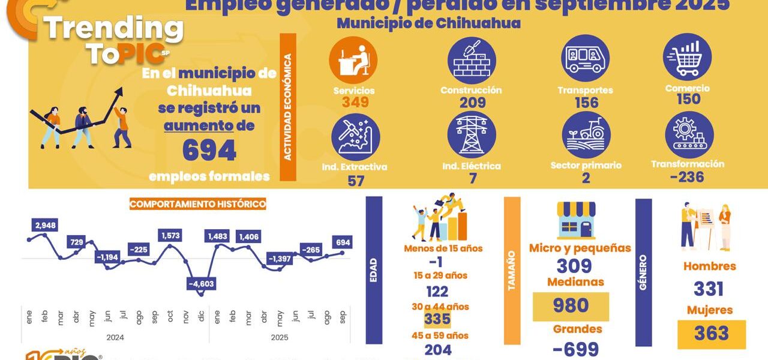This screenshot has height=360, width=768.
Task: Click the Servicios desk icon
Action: click(353, 60)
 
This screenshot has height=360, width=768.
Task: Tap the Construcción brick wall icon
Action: click(472, 60)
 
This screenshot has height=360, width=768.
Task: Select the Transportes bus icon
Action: click(585, 58)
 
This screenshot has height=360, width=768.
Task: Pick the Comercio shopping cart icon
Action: click(687, 57)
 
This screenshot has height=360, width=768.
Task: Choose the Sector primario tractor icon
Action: click(586, 136)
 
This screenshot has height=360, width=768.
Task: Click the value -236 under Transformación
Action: click(687, 177)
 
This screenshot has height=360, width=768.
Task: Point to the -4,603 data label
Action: click(201, 283)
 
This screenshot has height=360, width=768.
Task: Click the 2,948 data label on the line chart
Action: click(46, 226)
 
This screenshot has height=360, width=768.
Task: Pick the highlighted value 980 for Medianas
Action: click(571, 305)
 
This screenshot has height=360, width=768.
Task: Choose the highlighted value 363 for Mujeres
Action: click(711, 334)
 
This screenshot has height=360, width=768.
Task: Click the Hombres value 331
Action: click(709, 289)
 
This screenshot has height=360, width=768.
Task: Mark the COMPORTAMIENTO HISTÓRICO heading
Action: click(197, 204)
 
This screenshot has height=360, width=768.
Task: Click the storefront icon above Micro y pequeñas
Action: click(576, 220)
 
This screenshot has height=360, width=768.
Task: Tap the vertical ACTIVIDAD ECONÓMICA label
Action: click(288, 107)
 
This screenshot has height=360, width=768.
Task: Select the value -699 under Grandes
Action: click(575, 349)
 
